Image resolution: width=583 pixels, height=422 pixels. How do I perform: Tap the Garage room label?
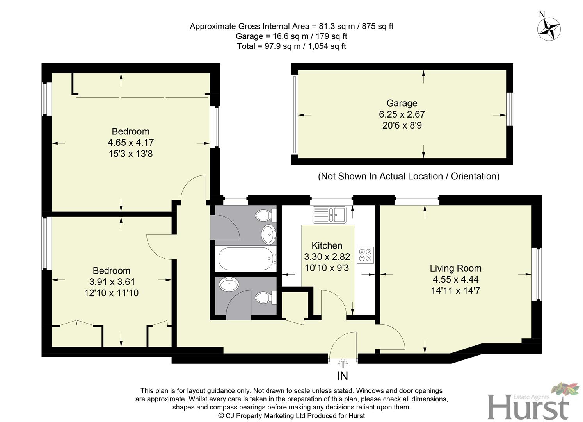pos(402,103)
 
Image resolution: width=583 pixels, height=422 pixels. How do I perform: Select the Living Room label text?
pos(455,268)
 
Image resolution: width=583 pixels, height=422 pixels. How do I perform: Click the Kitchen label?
pos(327,246)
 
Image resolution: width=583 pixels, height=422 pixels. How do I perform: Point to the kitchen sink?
pos(329,215)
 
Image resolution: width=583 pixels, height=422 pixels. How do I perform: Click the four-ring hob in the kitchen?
pos(365,255)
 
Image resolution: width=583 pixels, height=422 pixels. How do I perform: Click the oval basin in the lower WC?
pos(229,284)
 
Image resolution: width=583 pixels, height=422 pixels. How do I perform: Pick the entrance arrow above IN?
pos(343,363)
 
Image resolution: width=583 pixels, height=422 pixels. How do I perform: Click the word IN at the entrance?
pos(342,376)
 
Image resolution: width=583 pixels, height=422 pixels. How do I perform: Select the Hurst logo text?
pos(528,408)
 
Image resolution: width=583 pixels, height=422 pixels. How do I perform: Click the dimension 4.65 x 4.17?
pos(131,143)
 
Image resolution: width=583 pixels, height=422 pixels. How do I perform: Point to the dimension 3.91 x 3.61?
pos(112,282)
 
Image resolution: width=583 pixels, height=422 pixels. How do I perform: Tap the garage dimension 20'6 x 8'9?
pos(402,125)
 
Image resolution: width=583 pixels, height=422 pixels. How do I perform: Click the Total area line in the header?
pos(291,46)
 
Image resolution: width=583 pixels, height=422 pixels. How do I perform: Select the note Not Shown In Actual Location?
pos(408,176)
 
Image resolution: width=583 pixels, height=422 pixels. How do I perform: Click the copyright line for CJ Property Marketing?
pos(291,416)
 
